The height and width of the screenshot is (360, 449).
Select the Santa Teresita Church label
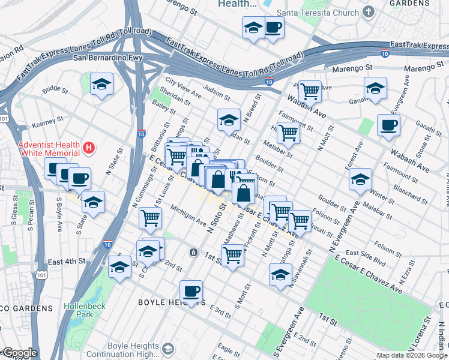(317, 12)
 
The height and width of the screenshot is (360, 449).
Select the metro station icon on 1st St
(193, 252)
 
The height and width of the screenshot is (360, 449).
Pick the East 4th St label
(67, 262)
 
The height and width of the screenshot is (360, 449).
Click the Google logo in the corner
(19, 353)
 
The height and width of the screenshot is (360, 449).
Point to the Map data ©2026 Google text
(412, 355)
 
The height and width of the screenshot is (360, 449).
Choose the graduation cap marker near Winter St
(360, 180)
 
